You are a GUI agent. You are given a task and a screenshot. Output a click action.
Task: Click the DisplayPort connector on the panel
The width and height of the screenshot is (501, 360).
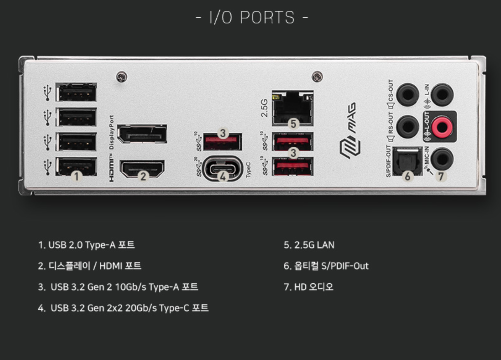[x=142, y=134]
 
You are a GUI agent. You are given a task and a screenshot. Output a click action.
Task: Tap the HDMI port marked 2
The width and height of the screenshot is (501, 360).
[x=142, y=168]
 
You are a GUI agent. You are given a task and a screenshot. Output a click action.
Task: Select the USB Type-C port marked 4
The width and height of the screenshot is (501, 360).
[x=222, y=168]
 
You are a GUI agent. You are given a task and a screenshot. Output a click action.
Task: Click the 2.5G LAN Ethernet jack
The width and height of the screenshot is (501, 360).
[x=293, y=108]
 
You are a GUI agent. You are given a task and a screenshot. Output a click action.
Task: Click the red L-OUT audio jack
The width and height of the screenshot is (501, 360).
[x=442, y=127]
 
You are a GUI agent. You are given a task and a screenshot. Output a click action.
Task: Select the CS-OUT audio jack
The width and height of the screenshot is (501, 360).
[x=407, y=95]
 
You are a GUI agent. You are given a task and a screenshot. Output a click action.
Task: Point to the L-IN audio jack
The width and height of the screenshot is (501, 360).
[x=442, y=95]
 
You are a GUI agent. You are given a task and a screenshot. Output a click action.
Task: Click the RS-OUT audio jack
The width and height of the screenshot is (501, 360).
[x=407, y=127]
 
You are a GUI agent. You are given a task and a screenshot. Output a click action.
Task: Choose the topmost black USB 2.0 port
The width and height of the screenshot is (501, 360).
[x=76, y=92]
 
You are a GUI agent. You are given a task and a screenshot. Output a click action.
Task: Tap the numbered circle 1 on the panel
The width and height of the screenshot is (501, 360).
[x=77, y=176]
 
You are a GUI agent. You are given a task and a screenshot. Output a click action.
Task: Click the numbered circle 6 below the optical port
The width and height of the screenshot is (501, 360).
[x=407, y=176]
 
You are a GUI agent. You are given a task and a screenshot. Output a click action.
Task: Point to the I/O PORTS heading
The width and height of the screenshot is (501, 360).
[x=252, y=18]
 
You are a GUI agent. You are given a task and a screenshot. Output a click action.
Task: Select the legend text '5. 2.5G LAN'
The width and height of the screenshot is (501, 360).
[x=309, y=245]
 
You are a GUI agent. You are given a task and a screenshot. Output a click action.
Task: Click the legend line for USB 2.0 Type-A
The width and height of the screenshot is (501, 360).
[x=87, y=245]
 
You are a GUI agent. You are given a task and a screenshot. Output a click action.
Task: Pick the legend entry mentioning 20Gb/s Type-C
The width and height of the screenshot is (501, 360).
[x=124, y=308]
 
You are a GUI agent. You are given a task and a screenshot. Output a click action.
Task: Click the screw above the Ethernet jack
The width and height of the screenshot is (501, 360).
[x=317, y=76]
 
